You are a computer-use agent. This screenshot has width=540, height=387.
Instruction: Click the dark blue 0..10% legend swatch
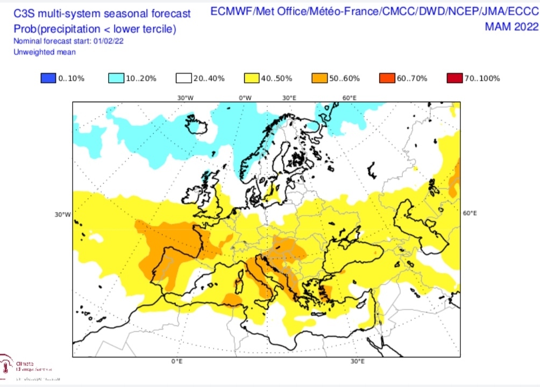coord(48,78)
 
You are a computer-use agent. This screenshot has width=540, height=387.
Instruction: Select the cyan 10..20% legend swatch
coord(116,78)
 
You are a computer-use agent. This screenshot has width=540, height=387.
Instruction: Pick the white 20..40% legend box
coord(183,78)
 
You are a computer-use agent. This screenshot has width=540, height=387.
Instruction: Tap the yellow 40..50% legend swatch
coord(251,78)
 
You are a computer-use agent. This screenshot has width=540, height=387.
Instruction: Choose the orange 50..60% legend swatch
coord(319,78)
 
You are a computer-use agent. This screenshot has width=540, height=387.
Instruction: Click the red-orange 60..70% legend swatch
coord(387,78)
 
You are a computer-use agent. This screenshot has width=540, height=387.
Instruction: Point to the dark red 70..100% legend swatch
coord(454,78)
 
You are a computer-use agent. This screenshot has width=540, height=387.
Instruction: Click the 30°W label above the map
coord(185,98)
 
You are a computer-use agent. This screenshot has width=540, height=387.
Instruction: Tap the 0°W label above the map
coord(245,98)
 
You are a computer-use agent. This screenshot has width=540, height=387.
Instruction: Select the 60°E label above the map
coord(350,98)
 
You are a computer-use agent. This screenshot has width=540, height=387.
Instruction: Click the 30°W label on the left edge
coord(62,214)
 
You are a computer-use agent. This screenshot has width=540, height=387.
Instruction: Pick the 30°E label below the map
coord(359,361)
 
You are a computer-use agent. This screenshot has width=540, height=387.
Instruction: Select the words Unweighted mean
coord(45,52)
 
